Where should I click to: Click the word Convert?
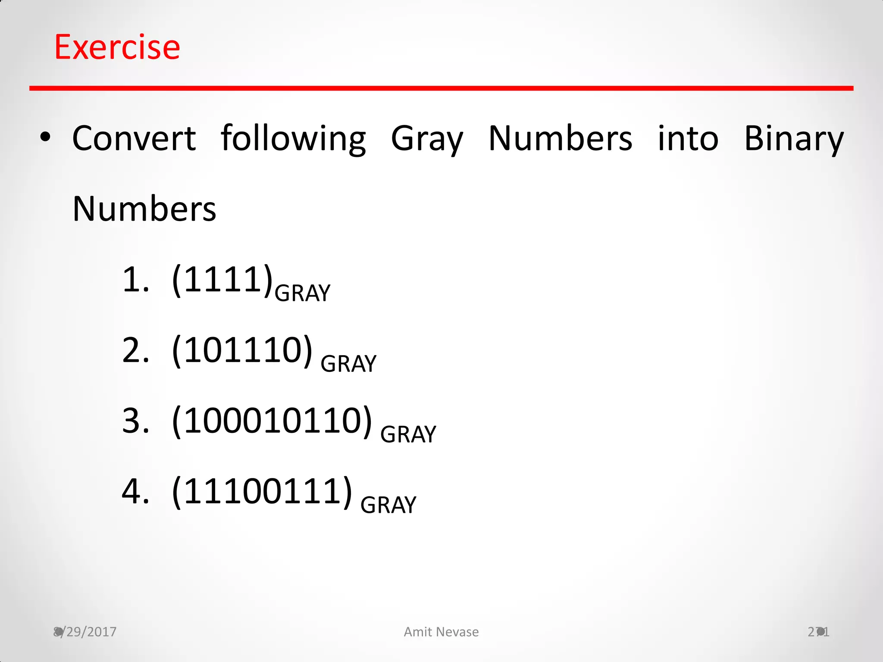click(134, 138)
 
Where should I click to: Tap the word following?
click(293, 138)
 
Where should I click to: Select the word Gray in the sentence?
click(427, 139)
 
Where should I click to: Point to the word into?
click(688, 138)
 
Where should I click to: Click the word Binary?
click(794, 139)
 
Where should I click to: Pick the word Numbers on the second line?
click(144, 209)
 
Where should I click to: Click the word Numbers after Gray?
click(560, 138)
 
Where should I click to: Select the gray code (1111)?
click(222, 280)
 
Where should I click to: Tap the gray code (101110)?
click(242, 350)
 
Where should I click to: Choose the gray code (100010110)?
click(272, 421)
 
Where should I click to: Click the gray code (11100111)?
click(262, 492)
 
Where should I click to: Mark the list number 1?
click(135, 280)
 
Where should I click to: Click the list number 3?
click(135, 421)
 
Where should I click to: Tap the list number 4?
click(135, 492)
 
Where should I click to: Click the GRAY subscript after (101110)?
click(348, 364)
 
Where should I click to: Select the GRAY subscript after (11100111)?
click(388, 505)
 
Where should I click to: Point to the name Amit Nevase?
click(441, 632)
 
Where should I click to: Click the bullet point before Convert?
click(45, 138)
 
